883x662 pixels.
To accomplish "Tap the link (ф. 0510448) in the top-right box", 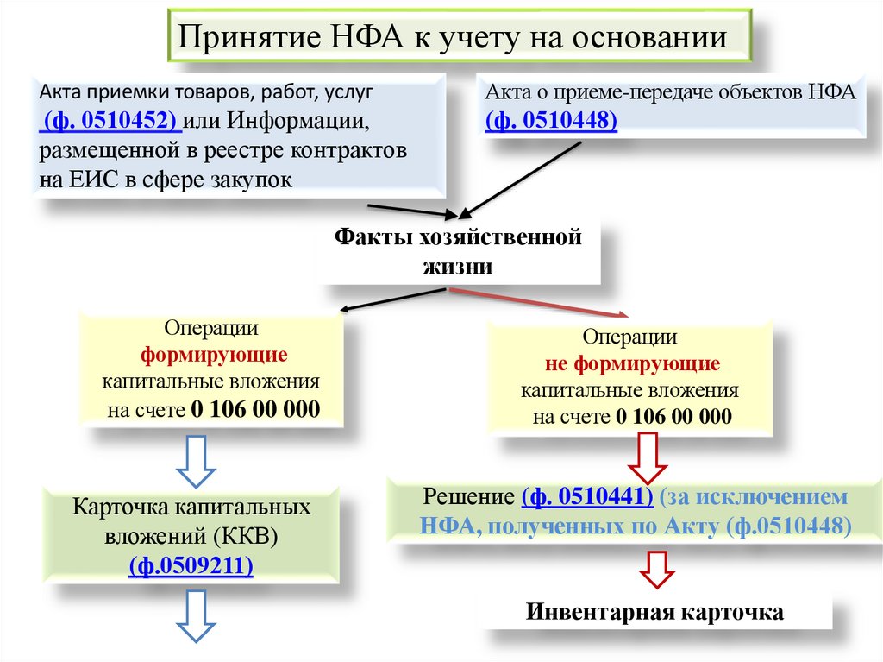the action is [551, 121].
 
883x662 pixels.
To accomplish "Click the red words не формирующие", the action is [633, 363].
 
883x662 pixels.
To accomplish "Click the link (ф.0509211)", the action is [191, 564].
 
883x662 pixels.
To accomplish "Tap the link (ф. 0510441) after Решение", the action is [587, 498].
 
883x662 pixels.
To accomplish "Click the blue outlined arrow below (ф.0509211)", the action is [196, 615].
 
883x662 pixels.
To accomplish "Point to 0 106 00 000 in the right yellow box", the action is [673, 417].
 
